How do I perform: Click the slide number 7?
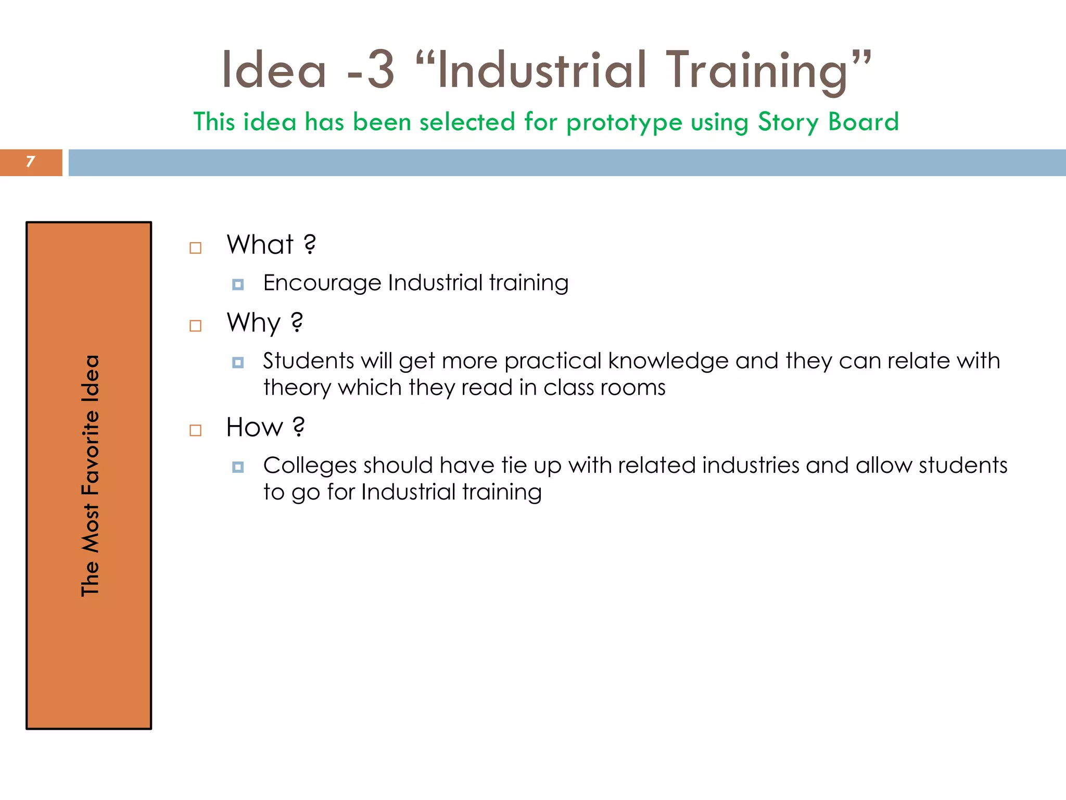pyautogui.click(x=30, y=162)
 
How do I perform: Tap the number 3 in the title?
pyautogui.click(x=380, y=70)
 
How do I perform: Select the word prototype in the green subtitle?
pyautogui.click(x=624, y=122)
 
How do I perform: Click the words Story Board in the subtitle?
pyautogui.click(x=828, y=122)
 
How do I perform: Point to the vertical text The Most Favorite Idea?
pyautogui.click(x=90, y=475)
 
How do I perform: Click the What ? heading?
pyautogui.click(x=271, y=244)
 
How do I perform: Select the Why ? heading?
pyautogui.click(x=264, y=322)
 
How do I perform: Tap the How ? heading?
pyautogui.click(x=265, y=427)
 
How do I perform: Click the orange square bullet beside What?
pyautogui.click(x=196, y=248)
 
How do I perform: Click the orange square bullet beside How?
pyautogui.click(x=196, y=430)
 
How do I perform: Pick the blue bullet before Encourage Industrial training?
pyautogui.click(x=238, y=284)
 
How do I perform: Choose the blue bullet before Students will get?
pyautogui.click(x=238, y=362)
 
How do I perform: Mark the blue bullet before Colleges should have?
pyautogui.click(x=238, y=467)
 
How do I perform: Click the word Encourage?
pyautogui.click(x=322, y=283)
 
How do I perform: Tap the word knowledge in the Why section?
pyautogui.click(x=668, y=361)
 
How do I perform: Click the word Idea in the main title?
pyautogui.click(x=274, y=70)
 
